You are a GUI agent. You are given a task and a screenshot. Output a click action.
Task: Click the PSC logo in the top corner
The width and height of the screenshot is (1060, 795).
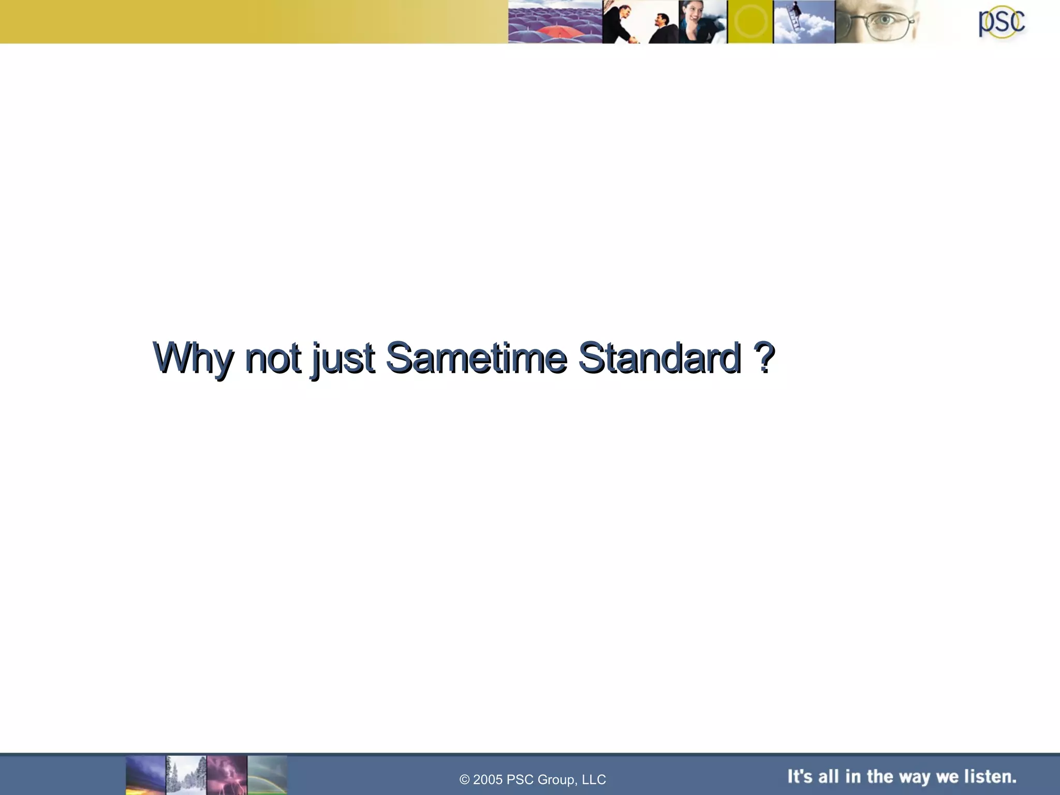(x=1001, y=22)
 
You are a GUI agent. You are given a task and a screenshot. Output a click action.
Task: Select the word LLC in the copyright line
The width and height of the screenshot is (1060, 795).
(x=594, y=779)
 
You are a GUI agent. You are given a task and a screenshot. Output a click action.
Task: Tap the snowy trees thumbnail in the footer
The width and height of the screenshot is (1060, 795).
(x=186, y=775)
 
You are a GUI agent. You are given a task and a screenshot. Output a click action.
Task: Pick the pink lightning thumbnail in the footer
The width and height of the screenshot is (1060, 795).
(x=227, y=775)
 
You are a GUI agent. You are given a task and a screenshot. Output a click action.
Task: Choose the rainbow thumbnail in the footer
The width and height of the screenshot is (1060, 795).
(x=267, y=775)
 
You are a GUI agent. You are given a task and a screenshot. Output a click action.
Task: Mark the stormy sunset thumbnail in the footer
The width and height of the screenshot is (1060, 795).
(x=145, y=775)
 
